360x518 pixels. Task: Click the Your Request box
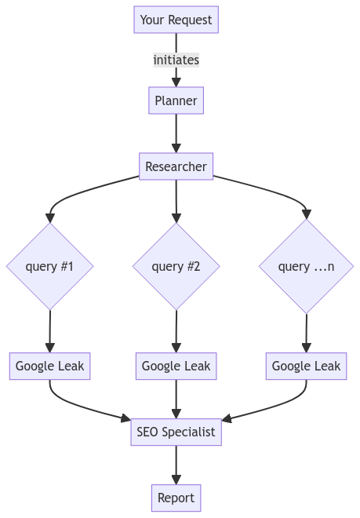coord(176,20)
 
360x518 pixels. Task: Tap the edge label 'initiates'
coord(176,60)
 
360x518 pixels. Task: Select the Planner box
coord(176,100)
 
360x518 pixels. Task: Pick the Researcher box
coord(176,166)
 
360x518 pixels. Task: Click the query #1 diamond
coord(50,266)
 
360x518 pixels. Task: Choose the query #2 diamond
coord(176,266)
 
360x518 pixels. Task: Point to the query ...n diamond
coord(306,266)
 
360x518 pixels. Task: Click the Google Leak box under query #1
coord(50,366)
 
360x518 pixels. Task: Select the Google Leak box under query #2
coord(176,366)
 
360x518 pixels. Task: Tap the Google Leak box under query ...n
coord(306,366)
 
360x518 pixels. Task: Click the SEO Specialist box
coord(176,432)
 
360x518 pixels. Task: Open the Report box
coord(176,498)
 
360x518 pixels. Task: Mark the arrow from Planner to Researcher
coord(176,133)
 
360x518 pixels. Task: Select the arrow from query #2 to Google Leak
coord(176,331)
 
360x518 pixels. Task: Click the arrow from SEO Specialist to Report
coord(176,465)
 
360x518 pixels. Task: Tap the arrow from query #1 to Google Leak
coord(50,331)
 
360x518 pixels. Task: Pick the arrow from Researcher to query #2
coord(176,202)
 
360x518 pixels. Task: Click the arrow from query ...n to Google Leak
coord(306,334)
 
